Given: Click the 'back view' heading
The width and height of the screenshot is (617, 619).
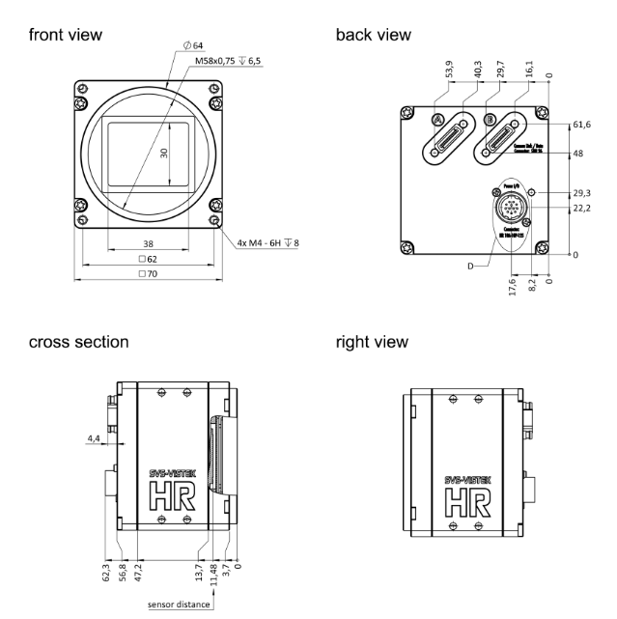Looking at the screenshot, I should tap(373, 35).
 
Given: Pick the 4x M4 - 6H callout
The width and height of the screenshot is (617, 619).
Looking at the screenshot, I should tap(264, 241).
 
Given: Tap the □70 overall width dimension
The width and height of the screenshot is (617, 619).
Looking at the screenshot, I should tap(147, 275).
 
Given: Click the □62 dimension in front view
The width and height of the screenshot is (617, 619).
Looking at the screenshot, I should tap(147, 260).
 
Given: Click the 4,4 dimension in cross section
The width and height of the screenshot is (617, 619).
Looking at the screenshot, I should tap(94, 438).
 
